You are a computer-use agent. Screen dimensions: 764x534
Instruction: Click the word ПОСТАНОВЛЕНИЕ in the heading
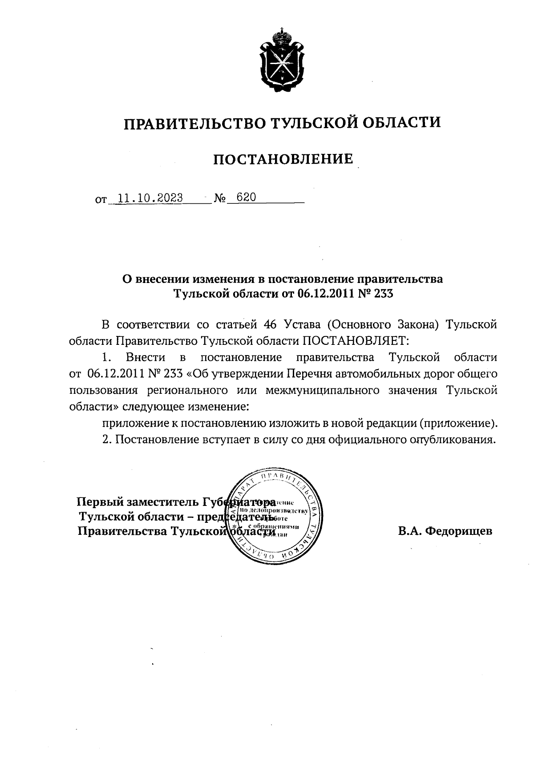tap(283, 159)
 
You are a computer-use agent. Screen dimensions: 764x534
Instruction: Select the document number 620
tap(247, 198)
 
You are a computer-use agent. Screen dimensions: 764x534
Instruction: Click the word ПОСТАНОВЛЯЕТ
tap(355, 341)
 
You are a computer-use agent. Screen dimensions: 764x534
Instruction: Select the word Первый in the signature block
tap(100, 502)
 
